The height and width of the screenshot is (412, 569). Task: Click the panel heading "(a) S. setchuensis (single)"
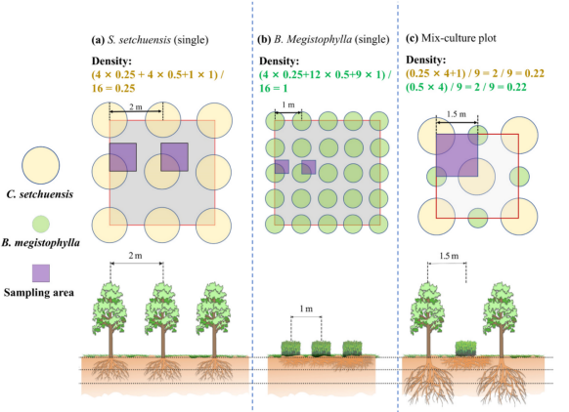coord(150,39)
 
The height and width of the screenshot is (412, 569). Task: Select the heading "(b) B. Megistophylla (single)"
coord(324,39)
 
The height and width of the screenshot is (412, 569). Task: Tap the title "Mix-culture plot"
coord(459,38)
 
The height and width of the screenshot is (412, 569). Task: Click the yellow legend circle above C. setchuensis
coord(41,165)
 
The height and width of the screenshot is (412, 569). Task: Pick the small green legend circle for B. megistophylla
coord(41,224)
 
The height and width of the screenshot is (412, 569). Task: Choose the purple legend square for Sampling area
coord(41,273)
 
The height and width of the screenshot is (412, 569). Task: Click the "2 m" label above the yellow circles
coord(136,106)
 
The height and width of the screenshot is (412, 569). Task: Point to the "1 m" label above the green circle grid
coord(288,104)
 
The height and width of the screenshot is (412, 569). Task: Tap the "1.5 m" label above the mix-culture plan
coord(457,114)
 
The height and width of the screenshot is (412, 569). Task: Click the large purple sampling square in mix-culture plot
coord(457,155)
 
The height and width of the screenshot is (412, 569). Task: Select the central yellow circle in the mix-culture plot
coord(476,177)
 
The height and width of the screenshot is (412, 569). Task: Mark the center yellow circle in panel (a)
coord(162,172)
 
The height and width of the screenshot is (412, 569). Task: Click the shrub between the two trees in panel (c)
coord(465,349)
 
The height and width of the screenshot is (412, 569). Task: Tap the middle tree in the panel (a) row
coord(162,320)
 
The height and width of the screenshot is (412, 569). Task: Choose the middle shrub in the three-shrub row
coord(321,349)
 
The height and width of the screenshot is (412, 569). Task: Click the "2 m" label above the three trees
coord(135,256)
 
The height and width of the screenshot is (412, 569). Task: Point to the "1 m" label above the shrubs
coord(306,309)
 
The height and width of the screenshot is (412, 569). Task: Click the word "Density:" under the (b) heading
coord(279,61)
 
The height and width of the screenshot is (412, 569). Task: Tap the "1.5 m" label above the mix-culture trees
coord(449,256)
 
